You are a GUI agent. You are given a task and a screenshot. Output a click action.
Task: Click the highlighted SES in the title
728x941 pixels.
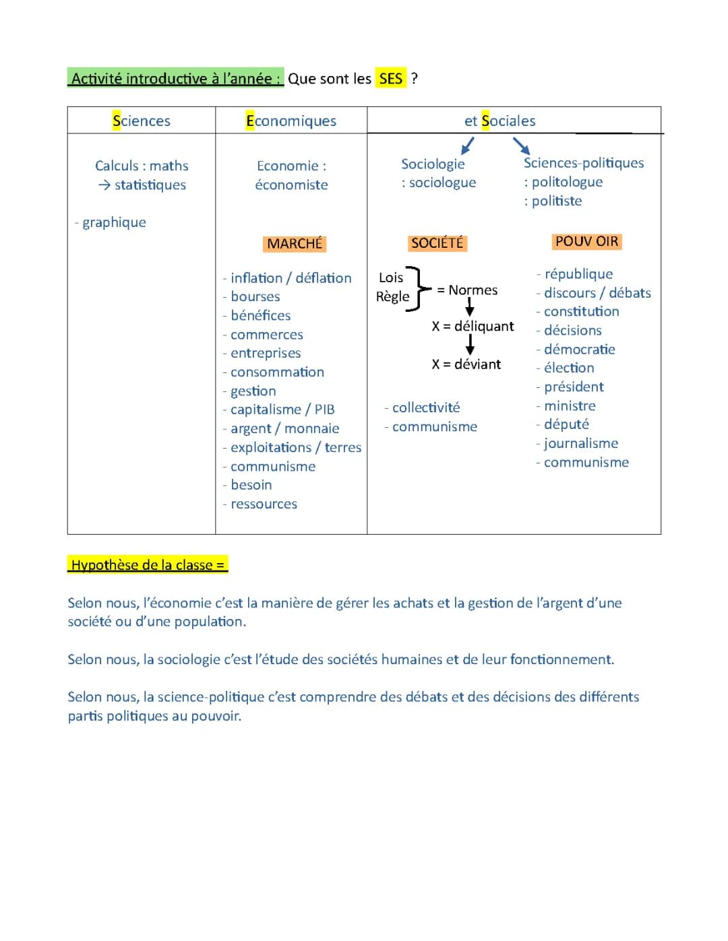391,79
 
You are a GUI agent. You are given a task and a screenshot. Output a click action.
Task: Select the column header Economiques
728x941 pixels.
291,121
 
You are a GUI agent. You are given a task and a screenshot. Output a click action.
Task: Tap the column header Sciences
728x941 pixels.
142,121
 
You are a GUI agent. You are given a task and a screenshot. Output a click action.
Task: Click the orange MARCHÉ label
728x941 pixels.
295,244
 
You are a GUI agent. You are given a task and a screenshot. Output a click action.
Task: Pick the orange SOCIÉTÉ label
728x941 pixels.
437,243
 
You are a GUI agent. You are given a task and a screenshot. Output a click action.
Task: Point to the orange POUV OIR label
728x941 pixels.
586,241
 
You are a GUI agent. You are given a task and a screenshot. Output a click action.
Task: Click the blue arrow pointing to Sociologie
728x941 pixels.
467,145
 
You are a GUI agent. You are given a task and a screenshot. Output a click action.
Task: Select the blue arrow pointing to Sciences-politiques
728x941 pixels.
521,145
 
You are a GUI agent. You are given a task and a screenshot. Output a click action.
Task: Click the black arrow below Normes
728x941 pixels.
470,307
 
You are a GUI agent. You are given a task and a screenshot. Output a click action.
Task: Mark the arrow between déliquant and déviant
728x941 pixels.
470,345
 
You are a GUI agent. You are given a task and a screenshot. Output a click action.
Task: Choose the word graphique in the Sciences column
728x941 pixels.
114,222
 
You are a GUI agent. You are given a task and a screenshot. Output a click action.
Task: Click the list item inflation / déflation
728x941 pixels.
291,278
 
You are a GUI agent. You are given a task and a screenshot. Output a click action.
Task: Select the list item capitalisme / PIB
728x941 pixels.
282,410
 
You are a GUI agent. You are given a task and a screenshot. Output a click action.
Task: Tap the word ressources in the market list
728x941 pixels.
264,504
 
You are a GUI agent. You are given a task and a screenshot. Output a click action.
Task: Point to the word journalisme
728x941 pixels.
581,443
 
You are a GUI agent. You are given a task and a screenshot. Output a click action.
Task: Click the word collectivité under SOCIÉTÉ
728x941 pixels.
426,408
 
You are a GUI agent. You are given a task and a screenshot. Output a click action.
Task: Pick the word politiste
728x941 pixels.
557,201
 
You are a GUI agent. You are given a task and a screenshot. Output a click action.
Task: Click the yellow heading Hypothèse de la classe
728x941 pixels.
148,564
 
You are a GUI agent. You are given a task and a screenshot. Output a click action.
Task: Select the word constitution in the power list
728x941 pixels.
581,311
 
